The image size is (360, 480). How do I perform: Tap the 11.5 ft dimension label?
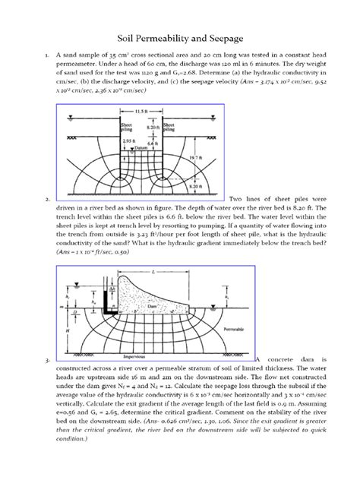(x=141, y=111)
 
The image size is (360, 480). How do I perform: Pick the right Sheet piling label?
(x=170, y=125)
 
